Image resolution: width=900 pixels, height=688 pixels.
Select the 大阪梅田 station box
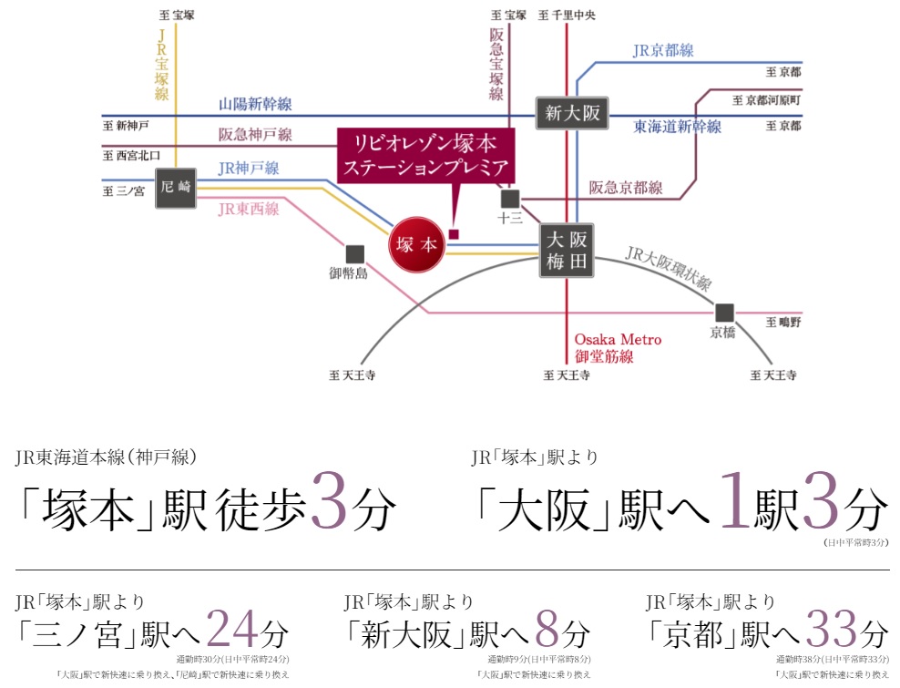point(567,251)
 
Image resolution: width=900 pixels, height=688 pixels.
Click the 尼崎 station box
point(177,189)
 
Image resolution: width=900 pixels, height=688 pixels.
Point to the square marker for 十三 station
point(509,199)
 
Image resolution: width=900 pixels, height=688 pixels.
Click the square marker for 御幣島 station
point(354,253)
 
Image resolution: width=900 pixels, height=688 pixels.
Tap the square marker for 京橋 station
point(724,312)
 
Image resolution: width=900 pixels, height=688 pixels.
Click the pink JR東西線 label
point(249,208)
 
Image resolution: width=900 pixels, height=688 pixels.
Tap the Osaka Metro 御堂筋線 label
point(619,348)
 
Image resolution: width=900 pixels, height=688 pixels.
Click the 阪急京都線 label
point(626,188)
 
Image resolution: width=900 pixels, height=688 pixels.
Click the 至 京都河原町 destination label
point(766,99)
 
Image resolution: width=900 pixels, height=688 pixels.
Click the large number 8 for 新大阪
point(547,628)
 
